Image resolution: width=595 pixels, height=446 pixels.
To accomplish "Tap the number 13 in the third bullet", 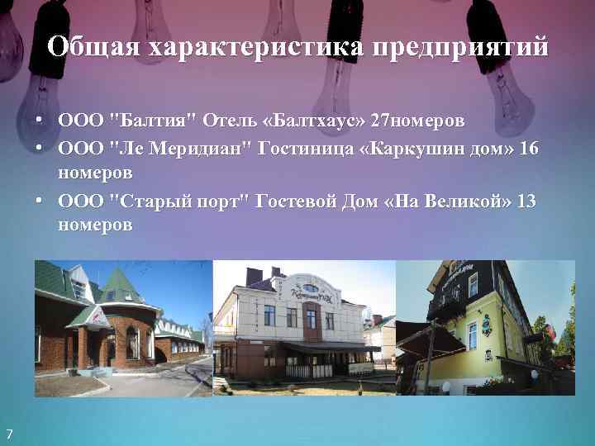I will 526,201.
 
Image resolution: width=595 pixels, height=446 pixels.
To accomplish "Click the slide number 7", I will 9,435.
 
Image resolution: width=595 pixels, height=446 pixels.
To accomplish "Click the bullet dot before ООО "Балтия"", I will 39,121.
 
